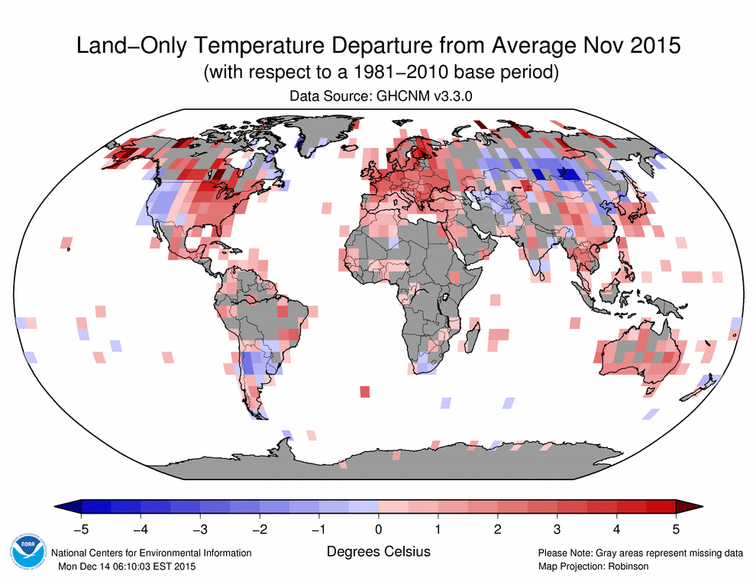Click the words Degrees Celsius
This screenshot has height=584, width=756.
[378, 551]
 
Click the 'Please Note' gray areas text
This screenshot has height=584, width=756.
[641, 553]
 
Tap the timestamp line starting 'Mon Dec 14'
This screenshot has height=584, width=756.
[127, 566]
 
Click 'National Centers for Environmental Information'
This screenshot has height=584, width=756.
[150, 553]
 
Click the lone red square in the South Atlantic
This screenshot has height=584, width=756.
[364, 392]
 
